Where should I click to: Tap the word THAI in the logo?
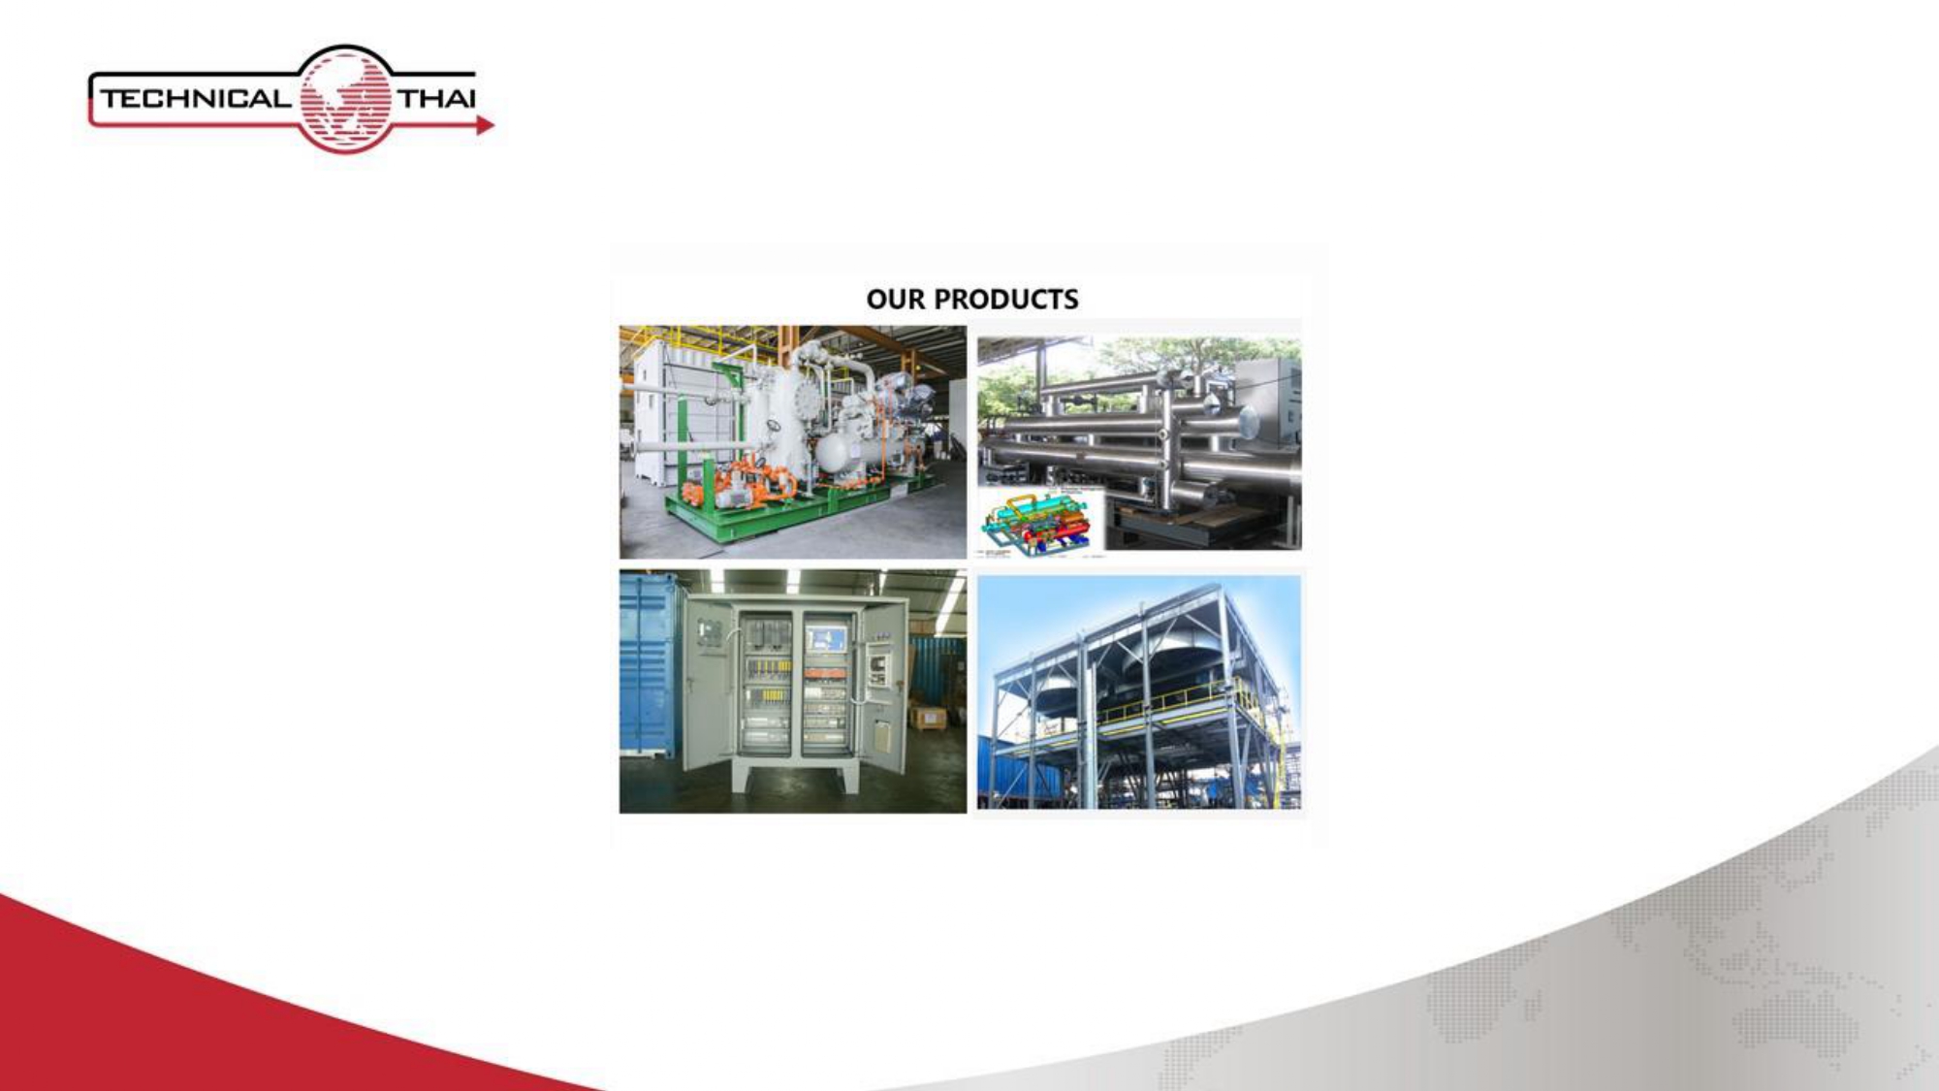click(437, 98)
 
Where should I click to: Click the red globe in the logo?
click(345, 100)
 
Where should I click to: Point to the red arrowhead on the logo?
click(486, 125)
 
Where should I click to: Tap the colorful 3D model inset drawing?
click(1041, 522)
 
